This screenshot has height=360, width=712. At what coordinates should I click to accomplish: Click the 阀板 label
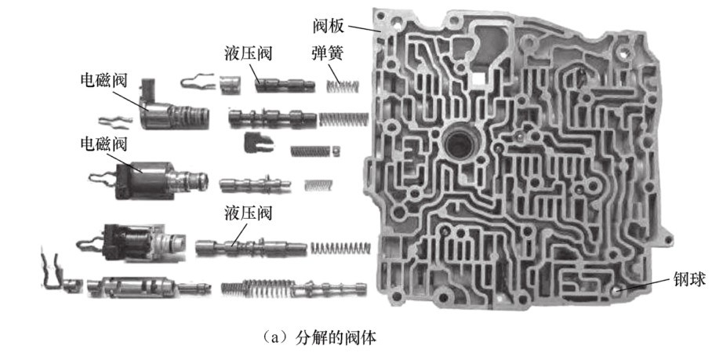pyautogui.click(x=329, y=27)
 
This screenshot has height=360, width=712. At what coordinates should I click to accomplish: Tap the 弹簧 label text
pyautogui.click(x=328, y=53)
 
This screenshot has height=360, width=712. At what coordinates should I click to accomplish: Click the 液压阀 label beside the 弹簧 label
pyautogui.click(x=248, y=53)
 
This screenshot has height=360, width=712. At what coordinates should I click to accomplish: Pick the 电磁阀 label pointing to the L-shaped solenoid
pyautogui.click(x=104, y=81)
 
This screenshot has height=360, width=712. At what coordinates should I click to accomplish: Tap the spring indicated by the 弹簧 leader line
pyautogui.click(x=343, y=85)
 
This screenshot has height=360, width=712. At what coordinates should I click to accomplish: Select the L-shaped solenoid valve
pyautogui.click(x=174, y=111)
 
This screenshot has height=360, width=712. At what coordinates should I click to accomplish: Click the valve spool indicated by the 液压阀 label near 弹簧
pyautogui.click(x=285, y=85)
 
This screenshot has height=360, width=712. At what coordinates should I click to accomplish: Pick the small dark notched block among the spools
pyautogui.click(x=258, y=142)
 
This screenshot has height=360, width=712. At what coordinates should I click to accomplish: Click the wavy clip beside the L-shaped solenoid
pyautogui.click(x=115, y=120)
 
